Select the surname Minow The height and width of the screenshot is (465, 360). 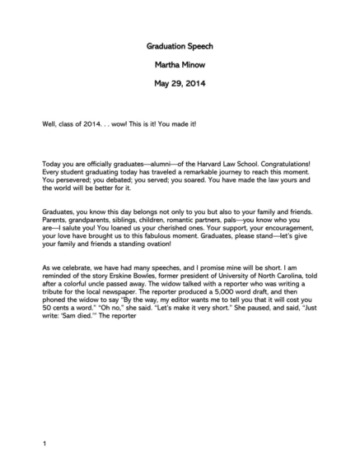pos(195,65)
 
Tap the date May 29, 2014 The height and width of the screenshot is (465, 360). pos(180,83)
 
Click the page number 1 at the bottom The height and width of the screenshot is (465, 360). pos(44,444)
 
